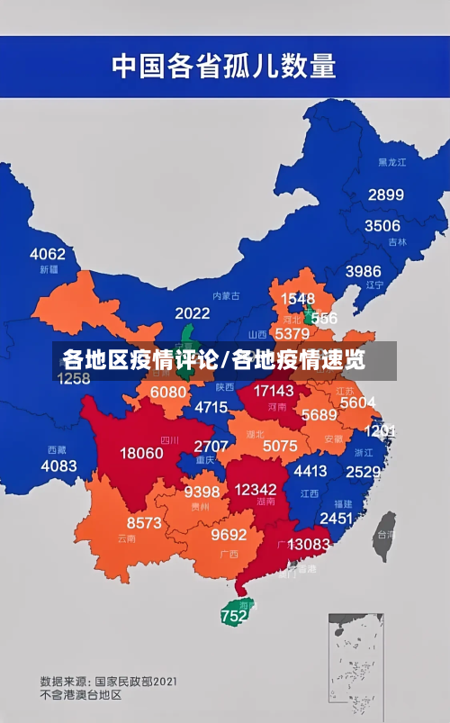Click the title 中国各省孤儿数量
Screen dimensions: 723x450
[223, 65]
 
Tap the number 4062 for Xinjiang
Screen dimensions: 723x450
[48, 254]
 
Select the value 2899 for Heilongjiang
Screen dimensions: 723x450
[385, 194]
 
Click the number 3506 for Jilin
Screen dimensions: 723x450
[382, 226]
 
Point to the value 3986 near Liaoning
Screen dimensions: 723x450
[363, 271]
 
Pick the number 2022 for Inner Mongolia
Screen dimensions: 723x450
[192, 313]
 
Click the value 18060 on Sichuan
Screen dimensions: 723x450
[141, 453]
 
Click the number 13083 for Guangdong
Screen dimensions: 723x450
[309, 544]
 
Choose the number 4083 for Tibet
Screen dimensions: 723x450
[58, 465]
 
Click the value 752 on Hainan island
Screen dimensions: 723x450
[233, 617]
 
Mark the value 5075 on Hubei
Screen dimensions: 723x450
[279, 446]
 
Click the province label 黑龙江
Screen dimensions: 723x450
[392, 162]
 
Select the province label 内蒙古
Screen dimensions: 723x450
[226, 296]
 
